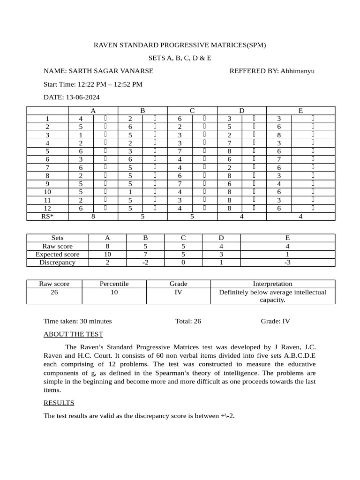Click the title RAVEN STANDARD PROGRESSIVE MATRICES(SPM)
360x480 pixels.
tap(180, 45)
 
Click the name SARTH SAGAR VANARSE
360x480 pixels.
tap(111, 71)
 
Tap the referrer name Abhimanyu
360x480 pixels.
tap(298, 71)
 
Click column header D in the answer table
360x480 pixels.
tap(242, 111)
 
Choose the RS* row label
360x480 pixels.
tap(48, 217)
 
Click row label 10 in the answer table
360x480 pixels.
tap(48, 192)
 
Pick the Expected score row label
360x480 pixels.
tap(58, 255)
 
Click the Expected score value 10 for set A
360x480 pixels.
tap(107, 255)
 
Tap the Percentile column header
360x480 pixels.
tap(114, 284)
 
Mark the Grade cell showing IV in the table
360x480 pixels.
tap(178, 292)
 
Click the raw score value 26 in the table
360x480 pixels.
tap(54, 292)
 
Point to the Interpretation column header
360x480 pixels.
tap(273, 284)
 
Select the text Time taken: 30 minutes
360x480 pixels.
tap(77, 322)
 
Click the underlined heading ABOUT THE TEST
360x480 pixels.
tap(73, 334)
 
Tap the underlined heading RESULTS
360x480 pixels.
tap(59, 403)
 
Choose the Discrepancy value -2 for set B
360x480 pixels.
tap(145, 262)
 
